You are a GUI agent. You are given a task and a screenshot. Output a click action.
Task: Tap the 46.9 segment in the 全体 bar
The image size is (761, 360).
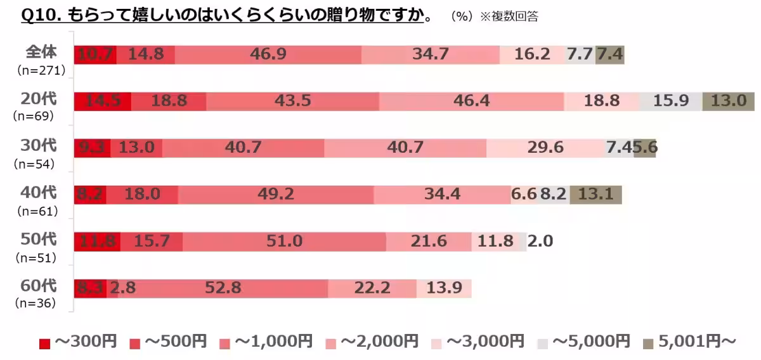(x=268, y=55)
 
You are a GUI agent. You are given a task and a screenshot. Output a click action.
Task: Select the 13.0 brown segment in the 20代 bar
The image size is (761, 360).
(x=728, y=101)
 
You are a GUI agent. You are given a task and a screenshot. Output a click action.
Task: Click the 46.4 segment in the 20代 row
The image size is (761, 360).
(x=471, y=101)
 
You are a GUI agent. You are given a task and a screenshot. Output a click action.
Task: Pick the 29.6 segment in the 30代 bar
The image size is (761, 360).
(x=545, y=148)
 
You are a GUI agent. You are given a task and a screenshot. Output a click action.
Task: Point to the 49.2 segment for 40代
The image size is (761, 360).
(x=276, y=195)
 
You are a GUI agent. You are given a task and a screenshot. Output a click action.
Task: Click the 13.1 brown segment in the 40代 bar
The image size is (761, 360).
(x=595, y=195)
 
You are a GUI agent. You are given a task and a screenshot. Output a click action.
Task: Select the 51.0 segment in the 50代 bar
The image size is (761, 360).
(x=284, y=241)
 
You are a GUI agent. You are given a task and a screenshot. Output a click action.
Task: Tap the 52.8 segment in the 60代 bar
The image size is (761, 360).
(x=223, y=288)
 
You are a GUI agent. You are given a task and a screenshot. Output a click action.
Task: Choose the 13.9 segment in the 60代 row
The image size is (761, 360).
(x=444, y=288)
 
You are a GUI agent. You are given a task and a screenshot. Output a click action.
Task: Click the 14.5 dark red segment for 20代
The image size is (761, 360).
(x=103, y=101)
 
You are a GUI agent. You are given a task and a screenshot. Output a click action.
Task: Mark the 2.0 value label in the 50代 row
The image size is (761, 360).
(x=540, y=241)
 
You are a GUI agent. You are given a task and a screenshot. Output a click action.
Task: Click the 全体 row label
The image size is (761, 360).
(x=41, y=52)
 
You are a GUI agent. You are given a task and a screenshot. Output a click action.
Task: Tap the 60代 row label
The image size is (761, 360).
(x=39, y=286)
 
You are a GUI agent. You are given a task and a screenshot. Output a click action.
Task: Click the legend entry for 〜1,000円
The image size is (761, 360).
(x=266, y=342)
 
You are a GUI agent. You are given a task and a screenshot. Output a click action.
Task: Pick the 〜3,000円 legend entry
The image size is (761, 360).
(x=478, y=342)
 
